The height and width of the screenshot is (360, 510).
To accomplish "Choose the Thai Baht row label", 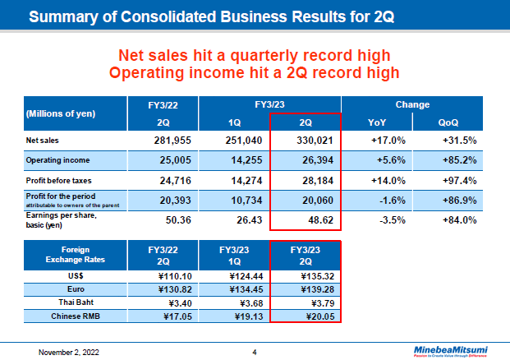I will point(75,302).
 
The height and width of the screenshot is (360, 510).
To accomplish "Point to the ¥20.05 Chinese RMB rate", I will point(306,315).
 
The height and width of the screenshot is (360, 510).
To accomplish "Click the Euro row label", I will point(75,288).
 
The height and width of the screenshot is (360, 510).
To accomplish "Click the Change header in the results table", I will point(411,105).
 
